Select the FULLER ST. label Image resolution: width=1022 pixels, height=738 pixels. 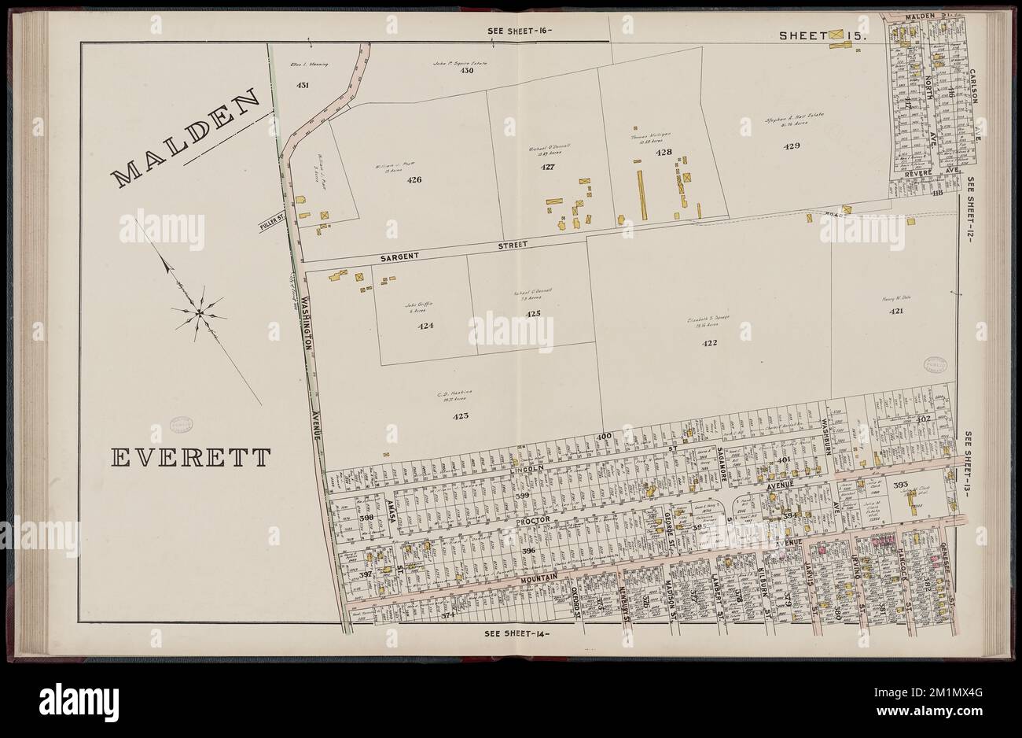[271, 226]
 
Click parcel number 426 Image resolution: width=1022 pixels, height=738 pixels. [414, 180]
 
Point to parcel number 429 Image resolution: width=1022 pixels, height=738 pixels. [791, 146]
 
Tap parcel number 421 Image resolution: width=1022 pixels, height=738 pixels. [895, 312]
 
